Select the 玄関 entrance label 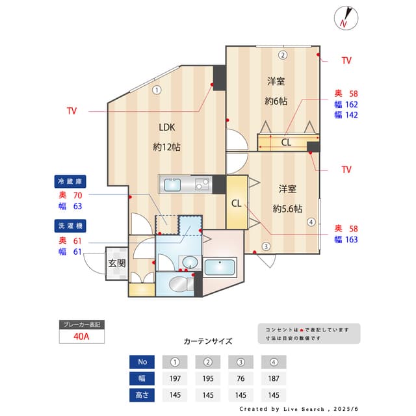coord(116,263)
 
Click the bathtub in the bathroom coord(220,268)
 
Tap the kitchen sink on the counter coord(172,185)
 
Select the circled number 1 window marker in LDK coord(157,90)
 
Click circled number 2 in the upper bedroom coord(283,55)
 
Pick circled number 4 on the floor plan coord(311,222)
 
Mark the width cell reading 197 coord(174,378)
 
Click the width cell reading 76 coord(240,378)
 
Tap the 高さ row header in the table coord(143,395)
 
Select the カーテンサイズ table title coord(207,341)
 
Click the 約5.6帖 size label coord(287,209)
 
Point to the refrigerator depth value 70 coord(78,195)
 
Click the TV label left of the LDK coord(71,111)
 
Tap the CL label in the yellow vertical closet coord(236,203)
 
